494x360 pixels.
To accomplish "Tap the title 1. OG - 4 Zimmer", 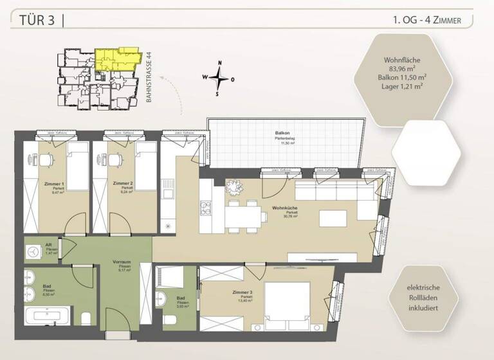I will point(426,21).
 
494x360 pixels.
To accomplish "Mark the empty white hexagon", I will point(427,151).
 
